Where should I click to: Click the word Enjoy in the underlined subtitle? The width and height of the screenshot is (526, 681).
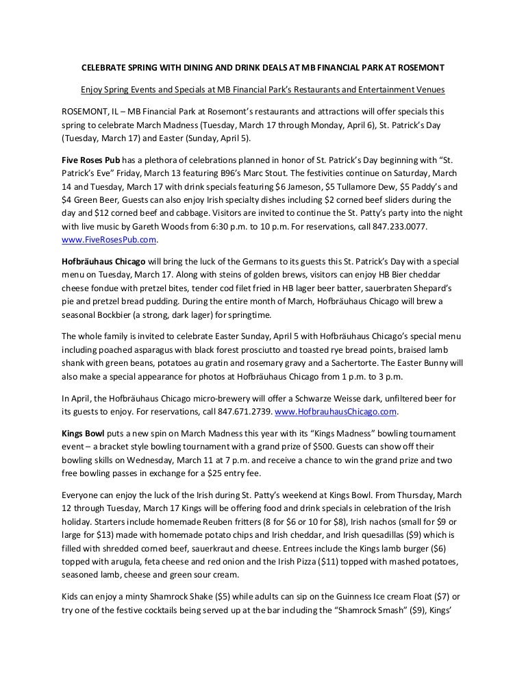(92, 90)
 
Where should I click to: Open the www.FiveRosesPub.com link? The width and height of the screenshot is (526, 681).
(110, 240)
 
